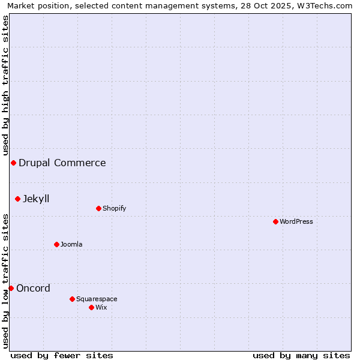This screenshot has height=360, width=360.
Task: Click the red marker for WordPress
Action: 275,221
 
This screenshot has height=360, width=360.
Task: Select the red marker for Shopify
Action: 98,208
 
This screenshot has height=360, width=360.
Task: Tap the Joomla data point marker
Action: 56,244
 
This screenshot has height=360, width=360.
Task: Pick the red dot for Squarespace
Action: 72,299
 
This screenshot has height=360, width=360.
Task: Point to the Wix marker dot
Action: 91,307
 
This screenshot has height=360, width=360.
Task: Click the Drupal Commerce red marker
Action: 13,163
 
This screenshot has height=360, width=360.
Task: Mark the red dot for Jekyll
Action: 17,199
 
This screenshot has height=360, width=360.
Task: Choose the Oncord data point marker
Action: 11,288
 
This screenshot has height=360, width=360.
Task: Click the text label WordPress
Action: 296,221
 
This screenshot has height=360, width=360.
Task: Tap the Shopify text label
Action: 115,208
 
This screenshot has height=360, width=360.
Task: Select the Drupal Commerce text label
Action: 62,163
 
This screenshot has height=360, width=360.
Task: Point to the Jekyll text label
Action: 36,199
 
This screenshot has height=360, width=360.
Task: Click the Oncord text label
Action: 34,288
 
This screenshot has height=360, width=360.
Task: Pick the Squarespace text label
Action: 97,299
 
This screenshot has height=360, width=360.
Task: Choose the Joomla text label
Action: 71,244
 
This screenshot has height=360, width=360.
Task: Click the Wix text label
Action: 101,307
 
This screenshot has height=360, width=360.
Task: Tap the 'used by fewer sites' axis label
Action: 62,355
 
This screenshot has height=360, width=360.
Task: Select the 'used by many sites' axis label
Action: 301,355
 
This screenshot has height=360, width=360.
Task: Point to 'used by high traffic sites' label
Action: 5,86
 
